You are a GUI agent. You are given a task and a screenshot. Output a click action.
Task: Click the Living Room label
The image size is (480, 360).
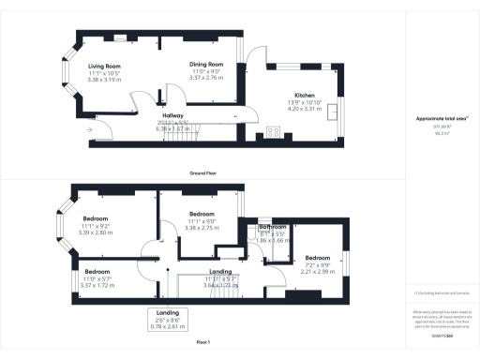tap(104, 66)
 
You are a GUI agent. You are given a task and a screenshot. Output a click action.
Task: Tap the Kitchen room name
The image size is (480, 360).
tap(305, 97)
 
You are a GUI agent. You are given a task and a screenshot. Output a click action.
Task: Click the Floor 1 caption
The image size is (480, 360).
tap(203, 343)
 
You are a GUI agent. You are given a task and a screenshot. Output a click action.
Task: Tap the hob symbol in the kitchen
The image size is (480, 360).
tap(275, 130)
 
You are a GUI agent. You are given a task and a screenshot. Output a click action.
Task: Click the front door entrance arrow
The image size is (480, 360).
tap(90, 129)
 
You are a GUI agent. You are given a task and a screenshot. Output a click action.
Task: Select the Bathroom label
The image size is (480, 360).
tap(273, 228)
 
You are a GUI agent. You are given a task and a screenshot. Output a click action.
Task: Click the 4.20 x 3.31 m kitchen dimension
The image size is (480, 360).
tap(305, 109)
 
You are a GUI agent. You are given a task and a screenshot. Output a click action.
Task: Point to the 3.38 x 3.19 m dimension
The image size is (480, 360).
tap(105, 80)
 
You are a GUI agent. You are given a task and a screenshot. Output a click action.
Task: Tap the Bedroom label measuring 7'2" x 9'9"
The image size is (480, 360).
tap(317, 257)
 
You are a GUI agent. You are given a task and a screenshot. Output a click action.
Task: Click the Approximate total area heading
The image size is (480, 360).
tap(441, 118)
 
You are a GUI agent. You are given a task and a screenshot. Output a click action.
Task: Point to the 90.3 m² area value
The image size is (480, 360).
tap(442, 135)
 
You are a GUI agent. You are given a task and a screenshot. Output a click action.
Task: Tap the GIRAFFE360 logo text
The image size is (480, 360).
tap(443, 337)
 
